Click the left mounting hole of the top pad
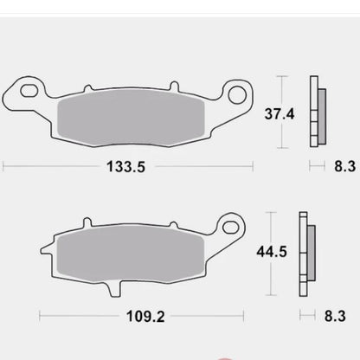pyautogui.click(x=29, y=88)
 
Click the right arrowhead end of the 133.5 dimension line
pyautogui.click(x=252, y=166)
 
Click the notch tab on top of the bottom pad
pyautogui.click(x=86, y=222)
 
